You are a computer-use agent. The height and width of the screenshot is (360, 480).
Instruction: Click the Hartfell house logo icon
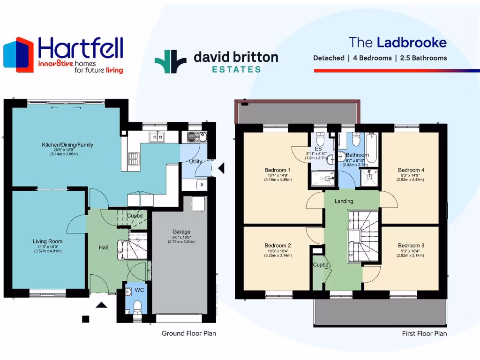[x=19, y=55]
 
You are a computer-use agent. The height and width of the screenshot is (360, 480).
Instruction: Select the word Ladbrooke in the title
[x=412, y=43]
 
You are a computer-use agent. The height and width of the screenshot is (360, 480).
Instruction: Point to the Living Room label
[x=47, y=241]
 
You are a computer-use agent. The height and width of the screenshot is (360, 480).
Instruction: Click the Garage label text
[x=181, y=232]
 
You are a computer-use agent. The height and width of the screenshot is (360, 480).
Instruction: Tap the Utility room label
[x=195, y=162]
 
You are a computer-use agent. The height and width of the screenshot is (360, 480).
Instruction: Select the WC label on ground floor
[x=139, y=291]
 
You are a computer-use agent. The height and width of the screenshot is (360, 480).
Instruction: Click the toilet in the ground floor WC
[x=137, y=307]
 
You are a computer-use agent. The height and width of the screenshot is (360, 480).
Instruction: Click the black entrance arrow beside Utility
[x=222, y=167]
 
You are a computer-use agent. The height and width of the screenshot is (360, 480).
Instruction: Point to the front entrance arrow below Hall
[x=102, y=306]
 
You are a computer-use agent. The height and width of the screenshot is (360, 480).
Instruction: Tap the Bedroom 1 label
[x=277, y=170]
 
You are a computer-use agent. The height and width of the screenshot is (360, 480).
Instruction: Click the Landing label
[x=344, y=201]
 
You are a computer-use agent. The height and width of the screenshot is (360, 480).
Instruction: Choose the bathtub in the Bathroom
[x=372, y=148]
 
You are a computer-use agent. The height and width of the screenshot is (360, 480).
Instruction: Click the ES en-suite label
[x=318, y=149]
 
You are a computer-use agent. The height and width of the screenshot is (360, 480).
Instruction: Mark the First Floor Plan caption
[x=424, y=333]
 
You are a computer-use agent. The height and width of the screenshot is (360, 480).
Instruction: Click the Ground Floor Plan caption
[x=188, y=333]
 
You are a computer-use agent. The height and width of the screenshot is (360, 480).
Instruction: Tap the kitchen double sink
[x=156, y=137]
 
